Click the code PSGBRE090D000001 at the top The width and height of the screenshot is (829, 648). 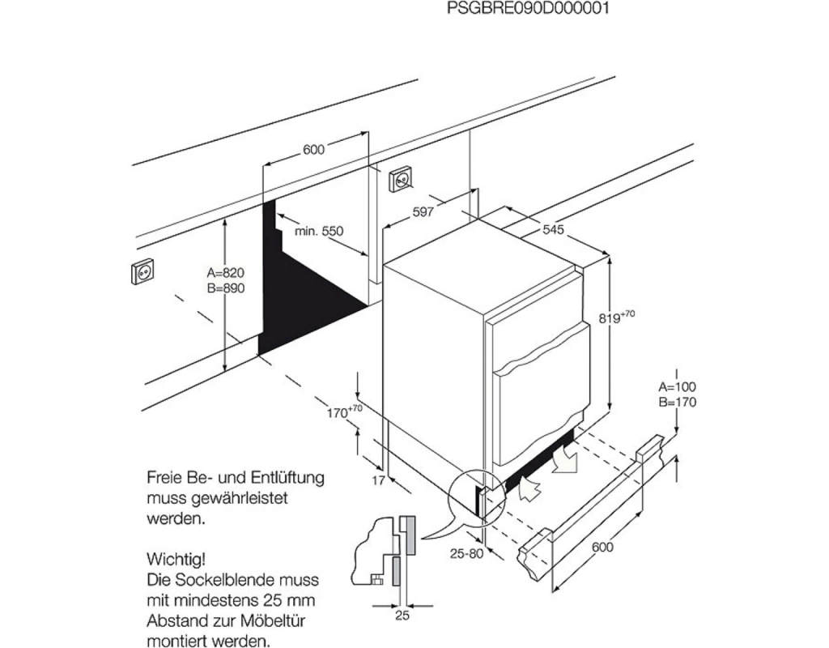528,9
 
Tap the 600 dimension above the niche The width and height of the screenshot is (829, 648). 313,149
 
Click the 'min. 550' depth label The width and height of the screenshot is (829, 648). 319,231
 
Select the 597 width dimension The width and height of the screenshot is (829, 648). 424,212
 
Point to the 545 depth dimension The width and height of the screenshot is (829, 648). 553,230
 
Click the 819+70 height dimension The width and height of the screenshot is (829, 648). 617,318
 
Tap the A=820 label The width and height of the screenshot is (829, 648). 225,273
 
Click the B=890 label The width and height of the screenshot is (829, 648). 225,288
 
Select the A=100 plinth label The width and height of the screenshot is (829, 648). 677,387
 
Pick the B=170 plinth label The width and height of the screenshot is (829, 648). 677,403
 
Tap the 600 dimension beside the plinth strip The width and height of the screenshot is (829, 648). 602,548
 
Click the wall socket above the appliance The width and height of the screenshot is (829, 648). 401,179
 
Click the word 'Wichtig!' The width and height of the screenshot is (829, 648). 176,559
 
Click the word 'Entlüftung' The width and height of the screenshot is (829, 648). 283,478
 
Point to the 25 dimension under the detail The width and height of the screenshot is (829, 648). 402,616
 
